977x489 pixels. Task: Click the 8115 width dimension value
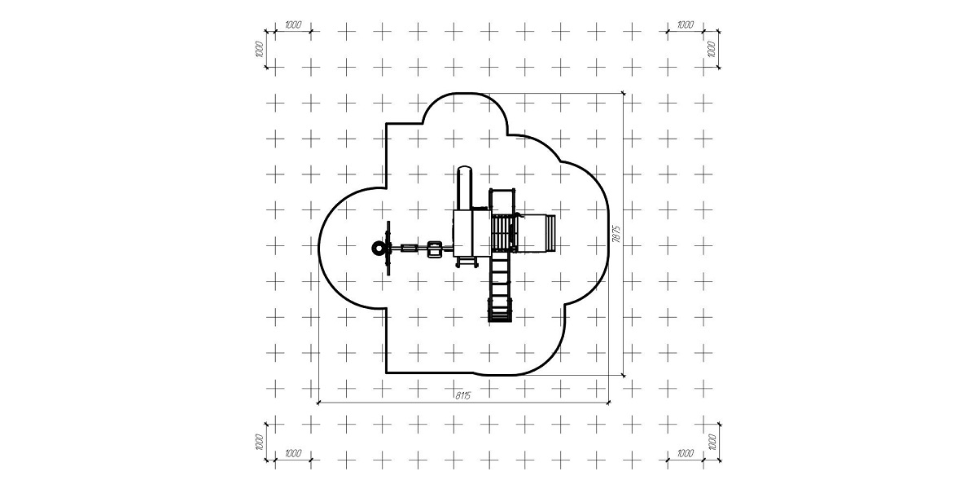[462, 395]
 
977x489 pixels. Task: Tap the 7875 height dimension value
[616, 234]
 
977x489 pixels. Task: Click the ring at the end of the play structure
[379, 249]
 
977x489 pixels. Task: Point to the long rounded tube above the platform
[465, 187]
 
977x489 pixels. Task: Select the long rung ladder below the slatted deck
[500, 288]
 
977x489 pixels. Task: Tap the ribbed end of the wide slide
[551, 233]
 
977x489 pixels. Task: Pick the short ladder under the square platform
[467, 262]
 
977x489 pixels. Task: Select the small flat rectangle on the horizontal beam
[409, 249]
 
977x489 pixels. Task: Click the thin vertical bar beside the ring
[388, 248]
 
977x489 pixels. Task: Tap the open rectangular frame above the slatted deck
[502, 200]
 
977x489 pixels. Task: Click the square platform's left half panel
[462, 233]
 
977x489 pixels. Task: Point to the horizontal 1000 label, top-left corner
[293, 25]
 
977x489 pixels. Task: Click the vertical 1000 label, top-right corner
[712, 50]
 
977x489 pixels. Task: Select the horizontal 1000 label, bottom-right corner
[686, 453]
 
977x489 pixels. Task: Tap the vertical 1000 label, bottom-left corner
[259, 442]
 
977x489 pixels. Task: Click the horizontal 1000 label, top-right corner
[686, 25]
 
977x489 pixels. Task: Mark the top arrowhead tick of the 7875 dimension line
[624, 93]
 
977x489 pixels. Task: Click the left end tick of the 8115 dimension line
[319, 403]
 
